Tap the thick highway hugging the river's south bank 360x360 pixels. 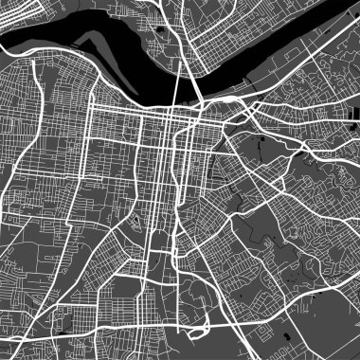tap(142, 100)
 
